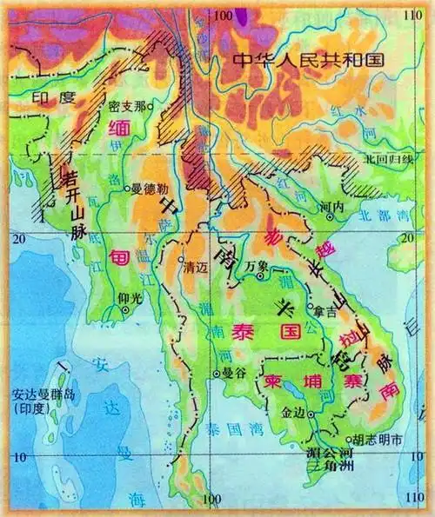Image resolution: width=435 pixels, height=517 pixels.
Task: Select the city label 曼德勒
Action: pyautogui.click(x=149, y=188)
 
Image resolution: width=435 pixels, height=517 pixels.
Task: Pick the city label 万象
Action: pyautogui.click(x=255, y=264)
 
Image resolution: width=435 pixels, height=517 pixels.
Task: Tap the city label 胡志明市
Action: pyautogui.click(x=376, y=441)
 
